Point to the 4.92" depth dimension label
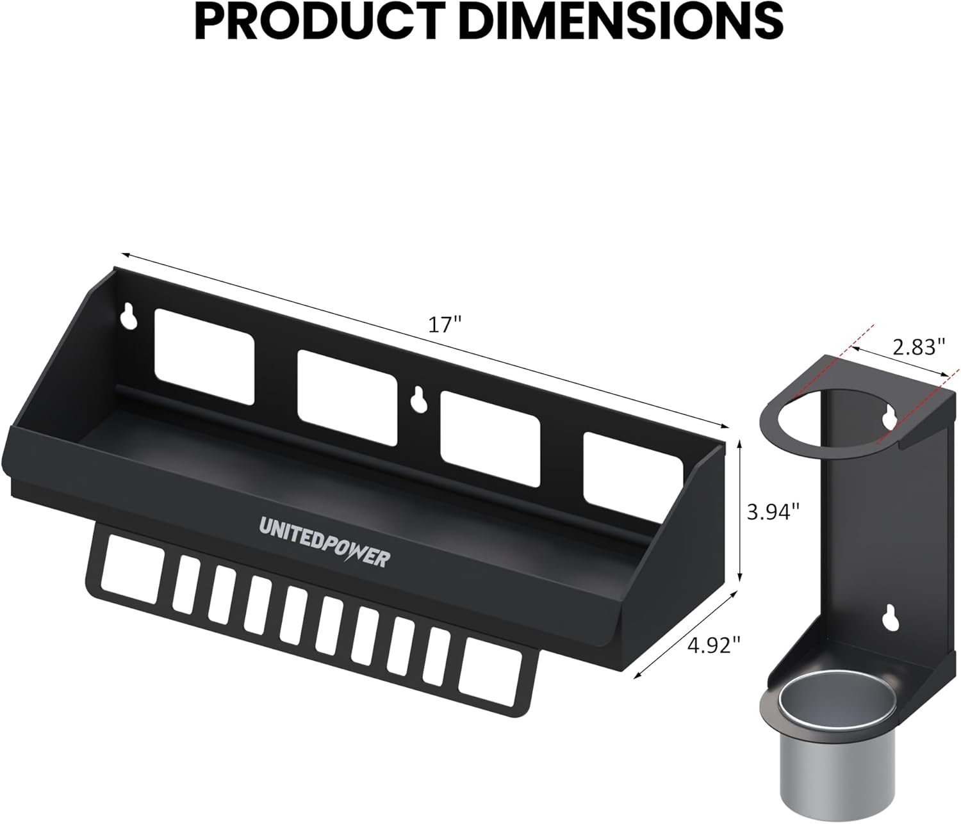point(714,645)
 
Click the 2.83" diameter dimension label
point(919,346)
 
